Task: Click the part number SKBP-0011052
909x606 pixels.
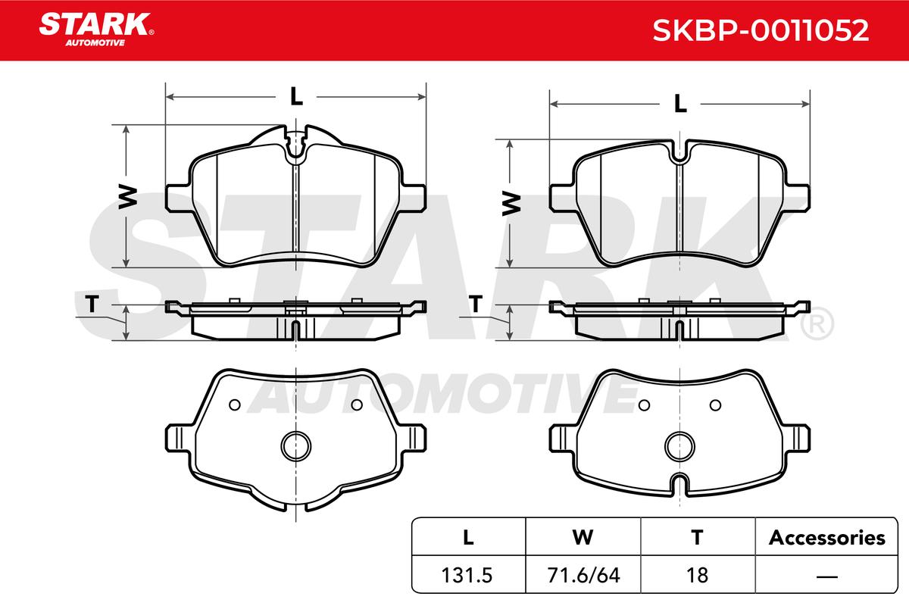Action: [x=761, y=30]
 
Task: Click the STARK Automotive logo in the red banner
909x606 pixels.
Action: [x=96, y=30]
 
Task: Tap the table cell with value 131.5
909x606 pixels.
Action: [x=467, y=575]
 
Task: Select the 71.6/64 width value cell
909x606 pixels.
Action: [x=583, y=575]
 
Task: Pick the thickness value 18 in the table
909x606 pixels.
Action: [x=697, y=575]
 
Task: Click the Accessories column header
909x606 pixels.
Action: [x=826, y=538]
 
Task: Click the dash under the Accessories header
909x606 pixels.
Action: [x=826, y=576]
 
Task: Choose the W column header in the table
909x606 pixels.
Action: [x=583, y=538]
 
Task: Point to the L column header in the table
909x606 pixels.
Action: [x=468, y=538]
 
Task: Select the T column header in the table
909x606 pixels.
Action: [x=697, y=538]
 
